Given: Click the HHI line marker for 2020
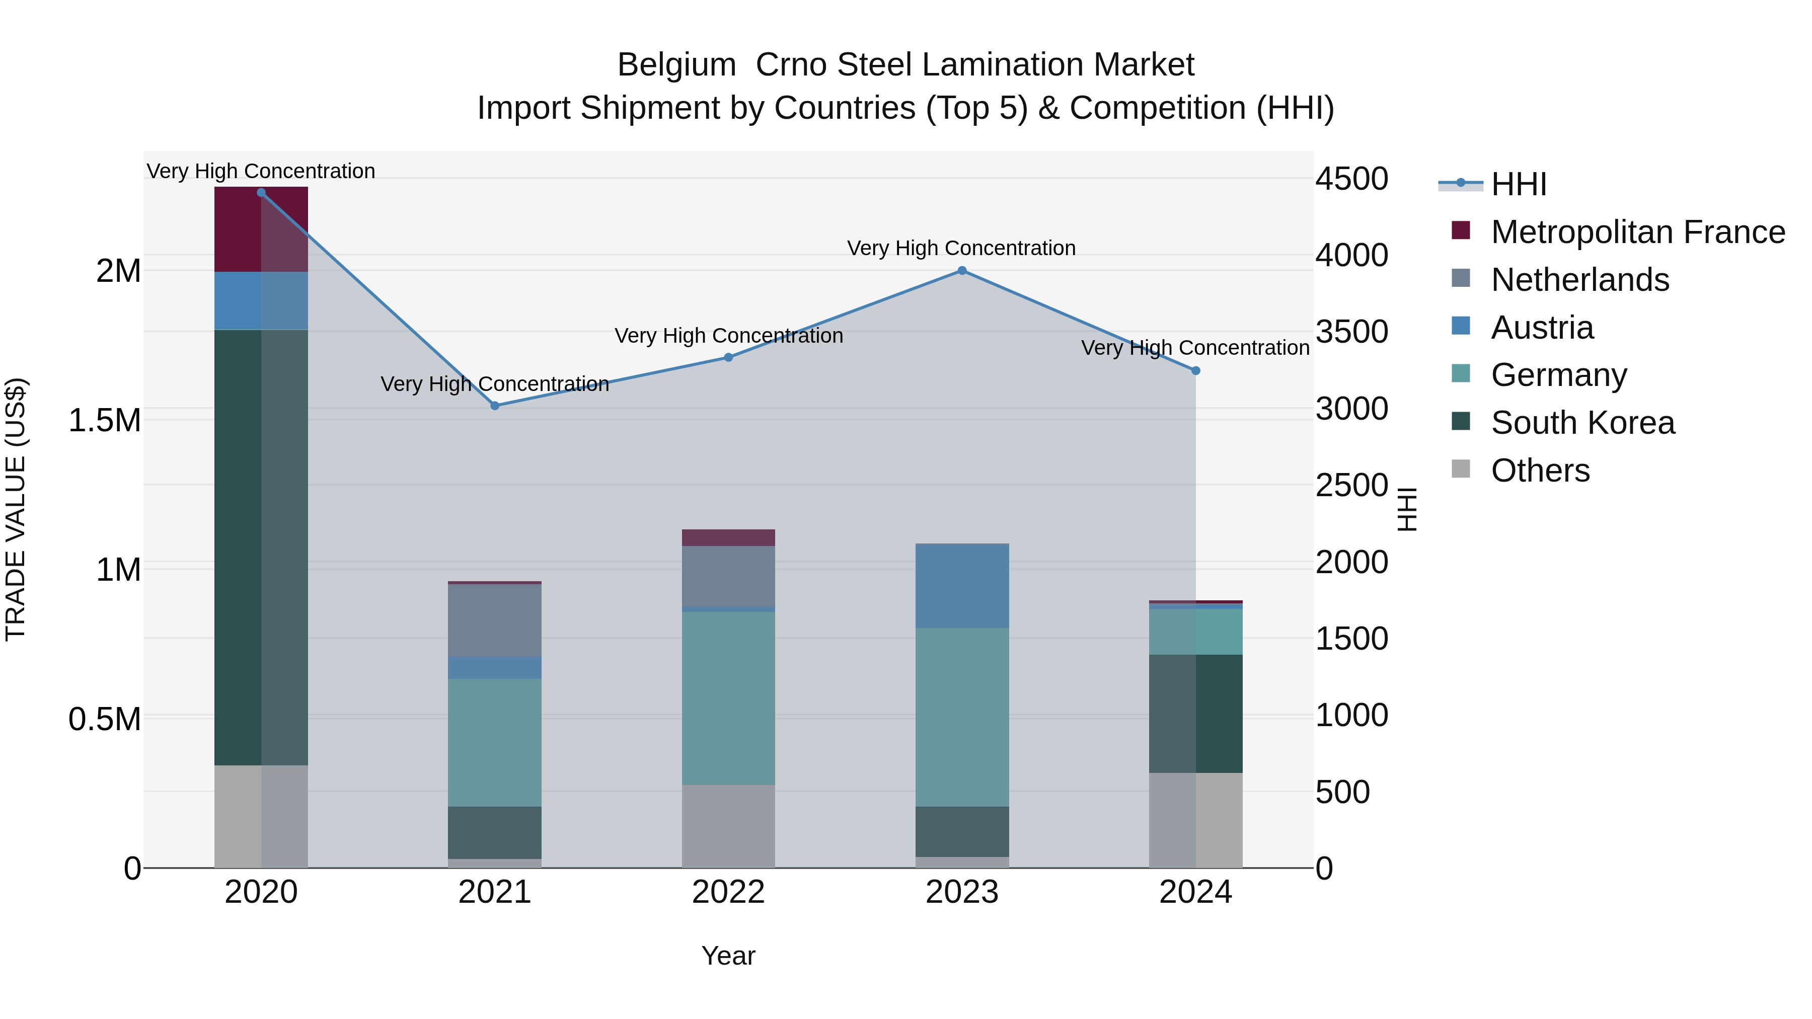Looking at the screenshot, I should [x=261, y=193].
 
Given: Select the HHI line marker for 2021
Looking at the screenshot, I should [x=494, y=406].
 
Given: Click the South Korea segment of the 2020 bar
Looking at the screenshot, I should [x=261, y=547].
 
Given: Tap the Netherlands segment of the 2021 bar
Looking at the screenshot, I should [x=494, y=620].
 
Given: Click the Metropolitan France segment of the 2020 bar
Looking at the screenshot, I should [x=261, y=229].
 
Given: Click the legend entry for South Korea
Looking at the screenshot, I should [x=1582, y=423].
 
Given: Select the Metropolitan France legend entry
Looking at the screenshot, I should [x=1637, y=232].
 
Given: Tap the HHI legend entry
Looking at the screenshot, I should [x=1518, y=184].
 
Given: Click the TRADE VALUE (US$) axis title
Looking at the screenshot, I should [x=16, y=509].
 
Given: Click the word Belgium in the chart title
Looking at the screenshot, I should [x=676, y=65].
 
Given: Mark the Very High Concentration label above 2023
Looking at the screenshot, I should [x=961, y=248].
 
